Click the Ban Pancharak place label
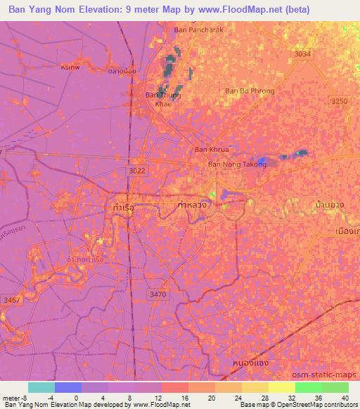pyautogui.click(x=198, y=30)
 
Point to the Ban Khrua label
pyautogui.click(x=212, y=150)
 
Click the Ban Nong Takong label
pyautogui.click(x=237, y=164)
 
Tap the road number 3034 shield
pyautogui.click(x=302, y=54)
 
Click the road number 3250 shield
pyautogui.click(x=339, y=102)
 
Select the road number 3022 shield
pyautogui.click(x=138, y=170)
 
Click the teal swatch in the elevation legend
pyautogui.click(x=41, y=387)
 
